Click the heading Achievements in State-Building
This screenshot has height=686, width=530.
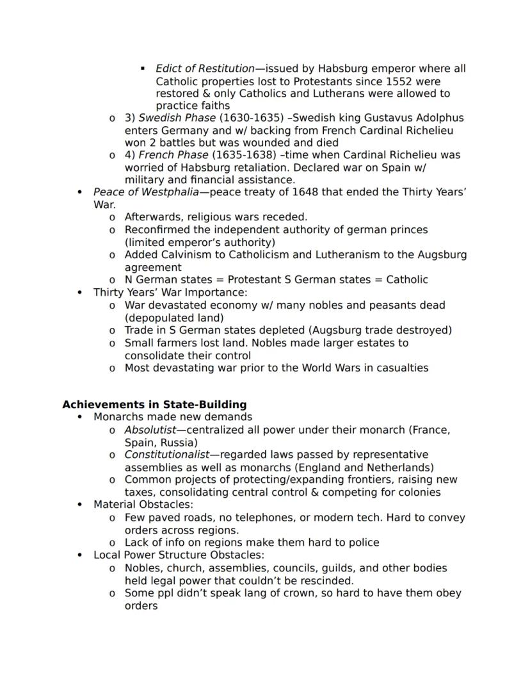[x=154, y=405]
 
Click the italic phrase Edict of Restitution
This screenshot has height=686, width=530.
[x=205, y=69]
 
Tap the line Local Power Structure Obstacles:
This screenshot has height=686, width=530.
[x=179, y=555]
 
